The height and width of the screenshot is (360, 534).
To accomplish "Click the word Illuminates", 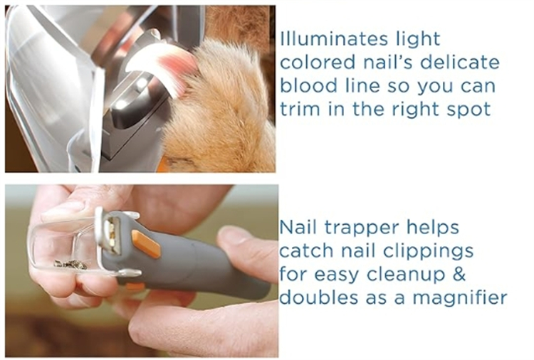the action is pos(334,39).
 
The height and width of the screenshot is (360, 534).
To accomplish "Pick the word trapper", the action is pos(369,228).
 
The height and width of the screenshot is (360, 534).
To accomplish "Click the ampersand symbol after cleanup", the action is pos(459,274).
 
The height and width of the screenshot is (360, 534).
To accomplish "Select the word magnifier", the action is pos(460,298).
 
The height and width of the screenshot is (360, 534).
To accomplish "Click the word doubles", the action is pos(319,297).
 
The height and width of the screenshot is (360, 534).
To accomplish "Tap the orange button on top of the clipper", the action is pos(147,244).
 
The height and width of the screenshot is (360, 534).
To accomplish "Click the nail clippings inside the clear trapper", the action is pos(70,265).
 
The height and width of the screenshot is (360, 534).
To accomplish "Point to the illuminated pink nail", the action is pos(161,66).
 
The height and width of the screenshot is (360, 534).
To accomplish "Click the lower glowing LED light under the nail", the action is pos(120,105).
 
